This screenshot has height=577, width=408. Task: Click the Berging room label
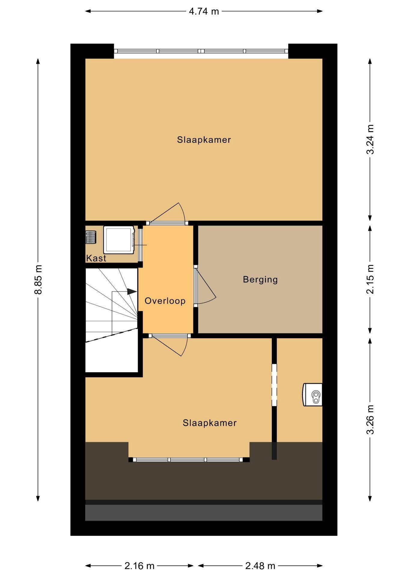click(x=260, y=279)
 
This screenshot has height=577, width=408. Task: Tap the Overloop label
click(x=165, y=301)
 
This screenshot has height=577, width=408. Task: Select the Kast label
click(x=96, y=258)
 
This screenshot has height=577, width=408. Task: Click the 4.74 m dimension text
click(x=204, y=11)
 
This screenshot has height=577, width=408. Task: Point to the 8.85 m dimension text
click(x=38, y=279)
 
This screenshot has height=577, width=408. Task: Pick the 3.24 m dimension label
click(x=370, y=139)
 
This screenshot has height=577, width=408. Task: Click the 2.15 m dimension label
click(x=370, y=279)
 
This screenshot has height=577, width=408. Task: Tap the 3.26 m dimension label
click(x=370, y=420)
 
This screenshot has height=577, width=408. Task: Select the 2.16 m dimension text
click(x=139, y=566)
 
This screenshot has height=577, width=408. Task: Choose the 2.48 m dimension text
click(x=260, y=566)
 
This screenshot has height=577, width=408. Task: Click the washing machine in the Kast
click(x=119, y=240)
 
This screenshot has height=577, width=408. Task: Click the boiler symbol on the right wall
click(x=313, y=395)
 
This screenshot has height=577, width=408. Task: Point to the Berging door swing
click(x=206, y=286)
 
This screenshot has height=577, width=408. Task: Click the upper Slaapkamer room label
click(x=204, y=140)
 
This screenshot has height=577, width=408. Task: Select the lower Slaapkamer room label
click(x=210, y=423)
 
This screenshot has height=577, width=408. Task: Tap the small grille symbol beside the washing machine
click(x=91, y=237)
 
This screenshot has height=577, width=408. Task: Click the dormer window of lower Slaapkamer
click(x=189, y=459)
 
